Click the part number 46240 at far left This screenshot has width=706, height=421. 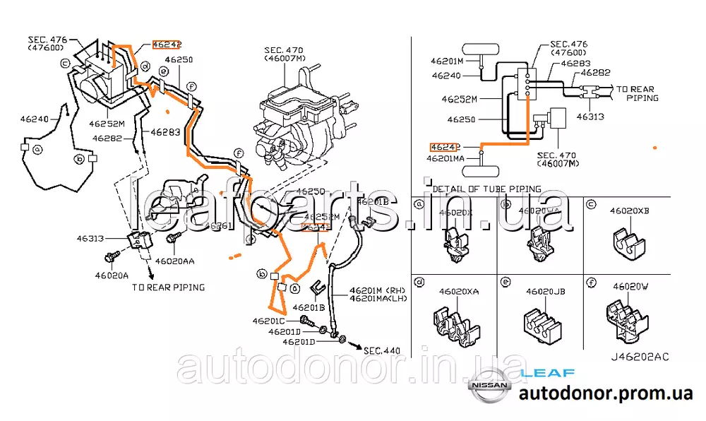[33, 120]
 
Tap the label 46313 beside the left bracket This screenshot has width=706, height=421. [92, 239]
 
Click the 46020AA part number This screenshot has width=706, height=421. [174, 261]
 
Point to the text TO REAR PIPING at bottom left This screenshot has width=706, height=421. [168, 287]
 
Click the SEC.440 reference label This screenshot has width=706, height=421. [382, 350]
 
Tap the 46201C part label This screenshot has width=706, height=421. [268, 321]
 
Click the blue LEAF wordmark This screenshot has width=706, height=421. [547, 372]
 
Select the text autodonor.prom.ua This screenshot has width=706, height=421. [605, 394]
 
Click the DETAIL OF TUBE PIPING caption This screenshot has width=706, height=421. [487, 189]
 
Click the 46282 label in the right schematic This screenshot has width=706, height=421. [596, 72]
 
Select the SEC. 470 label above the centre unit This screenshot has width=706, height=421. [285, 54]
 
